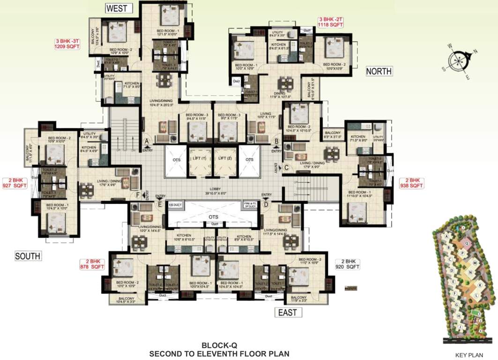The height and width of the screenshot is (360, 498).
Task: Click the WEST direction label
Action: pos(119,8)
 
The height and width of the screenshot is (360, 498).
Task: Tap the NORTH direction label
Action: pos(379,71)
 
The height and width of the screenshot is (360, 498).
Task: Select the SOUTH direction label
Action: pos(28,256)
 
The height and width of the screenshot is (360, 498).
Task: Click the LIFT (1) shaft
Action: pos(200,159)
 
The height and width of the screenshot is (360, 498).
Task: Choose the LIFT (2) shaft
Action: pos(225,159)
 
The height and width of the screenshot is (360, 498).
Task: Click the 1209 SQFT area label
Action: pos(67,47)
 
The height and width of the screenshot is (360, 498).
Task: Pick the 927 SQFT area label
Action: pos(15,186)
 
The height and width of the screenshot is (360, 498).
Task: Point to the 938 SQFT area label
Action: pos(411,186)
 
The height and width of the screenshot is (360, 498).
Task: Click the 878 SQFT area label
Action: pos(92,267)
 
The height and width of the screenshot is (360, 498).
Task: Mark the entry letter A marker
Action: pos(146,140)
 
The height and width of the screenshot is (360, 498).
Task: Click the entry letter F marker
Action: pos(137,195)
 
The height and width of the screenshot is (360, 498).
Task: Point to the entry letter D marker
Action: pos(266,204)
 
